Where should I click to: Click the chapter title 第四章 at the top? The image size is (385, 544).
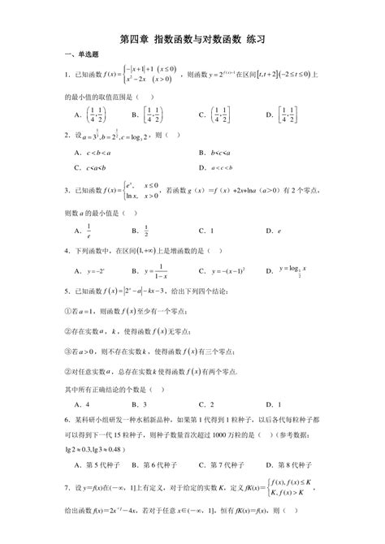(x=133, y=37)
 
